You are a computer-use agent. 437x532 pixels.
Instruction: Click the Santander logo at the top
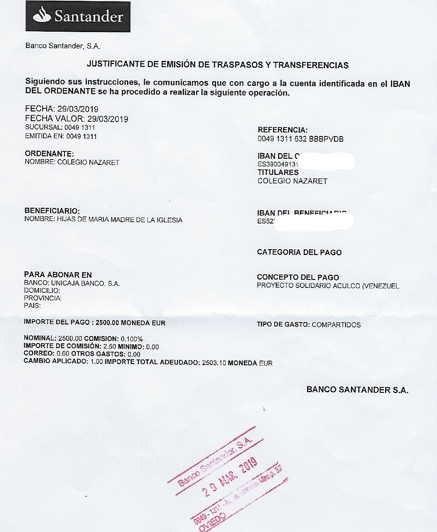point(78,17)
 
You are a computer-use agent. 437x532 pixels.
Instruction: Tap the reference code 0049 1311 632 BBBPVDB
point(301,139)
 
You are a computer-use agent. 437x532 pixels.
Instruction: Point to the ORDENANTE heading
point(49,154)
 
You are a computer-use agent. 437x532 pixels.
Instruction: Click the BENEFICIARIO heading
point(52,211)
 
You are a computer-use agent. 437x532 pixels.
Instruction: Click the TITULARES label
point(278,172)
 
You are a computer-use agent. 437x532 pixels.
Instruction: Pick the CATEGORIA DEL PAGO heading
point(299,252)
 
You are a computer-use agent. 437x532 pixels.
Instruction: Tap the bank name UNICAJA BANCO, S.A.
point(85,283)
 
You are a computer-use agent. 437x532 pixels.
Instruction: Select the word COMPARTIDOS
point(336,325)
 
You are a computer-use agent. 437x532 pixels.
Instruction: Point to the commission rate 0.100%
point(132,339)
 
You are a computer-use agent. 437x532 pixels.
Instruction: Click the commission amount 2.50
point(110,347)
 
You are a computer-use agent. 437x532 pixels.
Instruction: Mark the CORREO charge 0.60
point(63,354)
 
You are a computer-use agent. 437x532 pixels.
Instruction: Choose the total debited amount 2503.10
point(214,363)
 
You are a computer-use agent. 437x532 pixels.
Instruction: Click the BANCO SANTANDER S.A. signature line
point(357,390)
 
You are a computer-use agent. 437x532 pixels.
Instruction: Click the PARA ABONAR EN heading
point(58,275)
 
